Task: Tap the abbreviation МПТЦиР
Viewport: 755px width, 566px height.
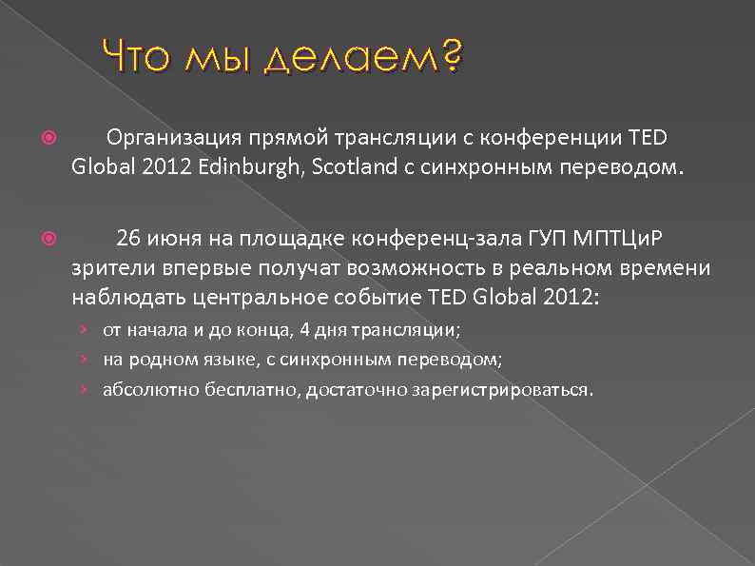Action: (614, 237)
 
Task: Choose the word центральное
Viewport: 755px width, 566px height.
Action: (265, 297)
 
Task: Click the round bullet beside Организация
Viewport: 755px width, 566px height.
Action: (50, 138)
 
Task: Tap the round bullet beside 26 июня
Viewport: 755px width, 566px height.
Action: (50, 238)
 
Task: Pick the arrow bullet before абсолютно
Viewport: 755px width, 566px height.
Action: (85, 389)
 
